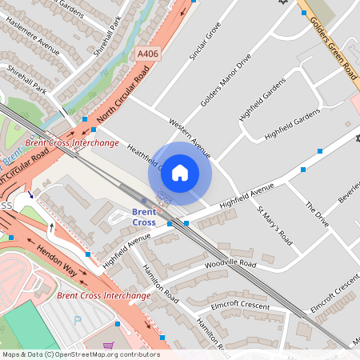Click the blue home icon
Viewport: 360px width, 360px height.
click(x=180, y=172)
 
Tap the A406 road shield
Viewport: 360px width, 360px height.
click(x=147, y=54)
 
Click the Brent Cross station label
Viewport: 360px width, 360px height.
click(x=144, y=216)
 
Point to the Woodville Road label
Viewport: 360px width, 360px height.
click(x=230, y=264)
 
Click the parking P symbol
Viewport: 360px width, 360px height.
click(x=78, y=320)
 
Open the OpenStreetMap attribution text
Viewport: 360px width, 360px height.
click(x=80, y=354)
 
